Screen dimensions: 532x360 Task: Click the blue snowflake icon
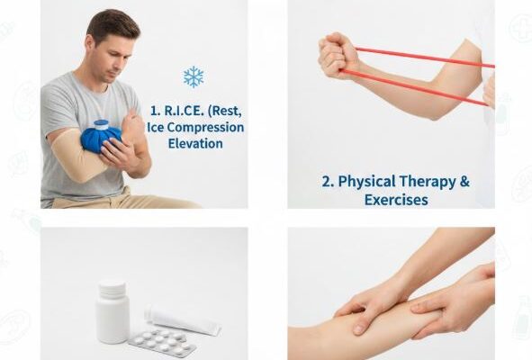point(194,76)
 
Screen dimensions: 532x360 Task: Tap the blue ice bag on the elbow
point(100,139)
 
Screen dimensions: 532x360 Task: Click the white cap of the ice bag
point(101,124)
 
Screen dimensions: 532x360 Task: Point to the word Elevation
point(195,143)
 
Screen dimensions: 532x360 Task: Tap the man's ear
point(90,43)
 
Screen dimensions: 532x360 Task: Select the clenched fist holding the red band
point(338,55)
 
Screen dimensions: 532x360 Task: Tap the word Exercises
point(396,200)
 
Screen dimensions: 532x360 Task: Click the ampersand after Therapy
point(464,181)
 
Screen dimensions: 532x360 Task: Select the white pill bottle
point(113,312)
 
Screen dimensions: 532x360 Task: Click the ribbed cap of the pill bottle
point(113,288)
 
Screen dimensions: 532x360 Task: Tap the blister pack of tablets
point(162,343)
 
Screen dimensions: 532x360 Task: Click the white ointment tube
point(184,320)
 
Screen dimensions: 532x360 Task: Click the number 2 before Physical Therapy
point(328,182)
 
